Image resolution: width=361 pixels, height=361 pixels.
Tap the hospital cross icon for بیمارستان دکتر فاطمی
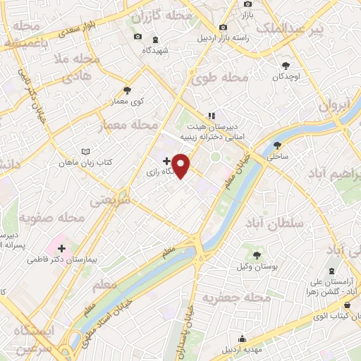[62, 248]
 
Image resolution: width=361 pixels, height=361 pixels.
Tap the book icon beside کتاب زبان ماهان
[86, 152]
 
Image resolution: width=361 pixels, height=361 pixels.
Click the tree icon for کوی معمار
[127, 90]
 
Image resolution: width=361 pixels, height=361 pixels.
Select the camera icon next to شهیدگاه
[137, 37]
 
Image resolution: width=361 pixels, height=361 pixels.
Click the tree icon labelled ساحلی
[277, 146]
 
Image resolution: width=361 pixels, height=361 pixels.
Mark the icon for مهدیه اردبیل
[242, 338]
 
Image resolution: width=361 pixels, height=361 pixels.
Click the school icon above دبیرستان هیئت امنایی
[209, 116]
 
